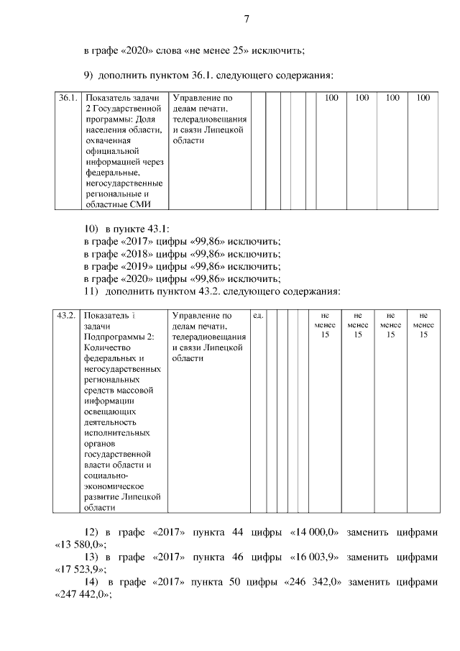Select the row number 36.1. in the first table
coord(68,98)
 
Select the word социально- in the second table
coord(106,476)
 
